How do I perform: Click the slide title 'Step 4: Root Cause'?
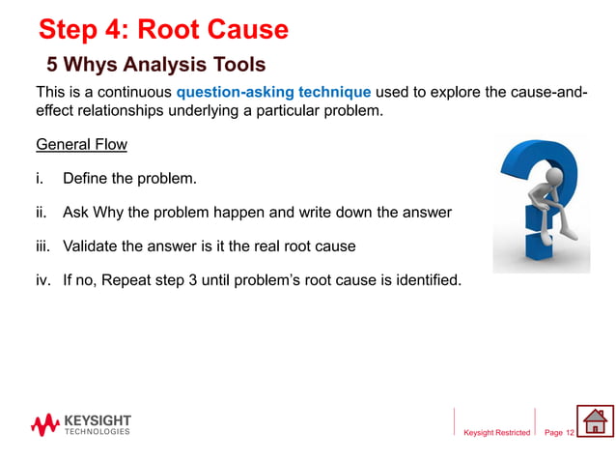162,29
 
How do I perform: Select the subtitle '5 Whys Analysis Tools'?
155,65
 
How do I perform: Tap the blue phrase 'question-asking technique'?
273,93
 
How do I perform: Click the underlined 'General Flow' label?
81,145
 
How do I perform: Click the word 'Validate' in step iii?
92,246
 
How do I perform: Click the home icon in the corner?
595,421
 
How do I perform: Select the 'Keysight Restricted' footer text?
496,433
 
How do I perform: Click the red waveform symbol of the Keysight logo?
44,424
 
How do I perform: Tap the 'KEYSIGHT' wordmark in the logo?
97,420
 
